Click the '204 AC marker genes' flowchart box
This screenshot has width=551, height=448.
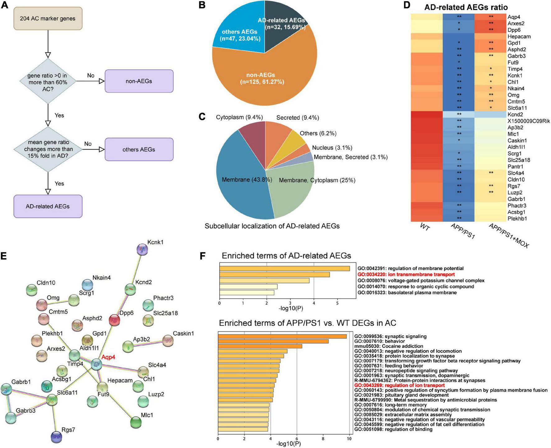(x=48, y=18)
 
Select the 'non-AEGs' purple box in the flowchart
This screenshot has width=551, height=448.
(x=139, y=81)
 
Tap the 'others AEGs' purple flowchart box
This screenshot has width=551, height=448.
(x=139, y=149)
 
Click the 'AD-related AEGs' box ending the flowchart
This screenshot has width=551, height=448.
(x=48, y=206)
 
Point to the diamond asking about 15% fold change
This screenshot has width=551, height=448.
(x=48, y=149)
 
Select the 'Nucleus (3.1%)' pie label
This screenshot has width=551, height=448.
(x=332, y=148)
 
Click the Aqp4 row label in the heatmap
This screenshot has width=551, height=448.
(x=514, y=17)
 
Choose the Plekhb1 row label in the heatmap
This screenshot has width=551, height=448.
(x=517, y=218)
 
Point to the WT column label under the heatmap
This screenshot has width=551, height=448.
(x=425, y=228)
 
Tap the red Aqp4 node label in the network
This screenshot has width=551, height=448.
(x=108, y=357)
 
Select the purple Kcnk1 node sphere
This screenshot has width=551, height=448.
(x=142, y=249)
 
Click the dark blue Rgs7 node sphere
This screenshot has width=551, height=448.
(x=56, y=437)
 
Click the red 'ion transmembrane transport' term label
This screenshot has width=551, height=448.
(x=406, y=274)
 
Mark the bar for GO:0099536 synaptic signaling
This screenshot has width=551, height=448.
(x=282, y=336)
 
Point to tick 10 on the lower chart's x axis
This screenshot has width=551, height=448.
(x=349, y=439)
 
